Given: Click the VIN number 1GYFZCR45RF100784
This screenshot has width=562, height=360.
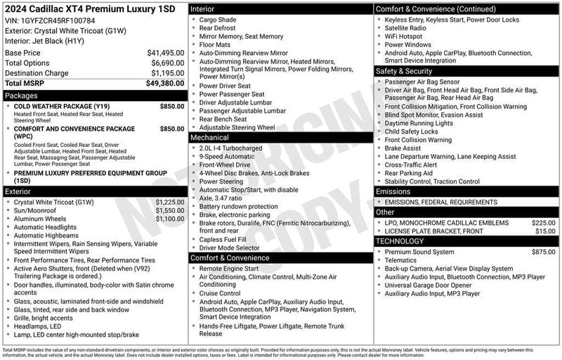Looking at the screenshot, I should (56, 20).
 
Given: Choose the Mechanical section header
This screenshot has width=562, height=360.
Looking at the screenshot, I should (210, 138).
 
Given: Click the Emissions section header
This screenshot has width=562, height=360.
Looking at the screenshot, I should (393, 191).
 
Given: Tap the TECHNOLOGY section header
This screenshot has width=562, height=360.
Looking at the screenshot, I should (400, 241).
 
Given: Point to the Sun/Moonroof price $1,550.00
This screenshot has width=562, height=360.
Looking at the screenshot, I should (170, 210).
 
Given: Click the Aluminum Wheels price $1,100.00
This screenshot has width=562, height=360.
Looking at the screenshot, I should (170, 219).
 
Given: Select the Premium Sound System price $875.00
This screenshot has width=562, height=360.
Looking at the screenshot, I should (543, 252).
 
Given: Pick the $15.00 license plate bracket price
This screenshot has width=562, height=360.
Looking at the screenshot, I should (545, 231).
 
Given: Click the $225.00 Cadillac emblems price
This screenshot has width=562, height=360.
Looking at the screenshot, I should (543, 222).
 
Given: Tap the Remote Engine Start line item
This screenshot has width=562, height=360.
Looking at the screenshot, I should (229, 269).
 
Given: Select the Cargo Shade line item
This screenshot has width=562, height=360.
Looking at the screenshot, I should (217, 20).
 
